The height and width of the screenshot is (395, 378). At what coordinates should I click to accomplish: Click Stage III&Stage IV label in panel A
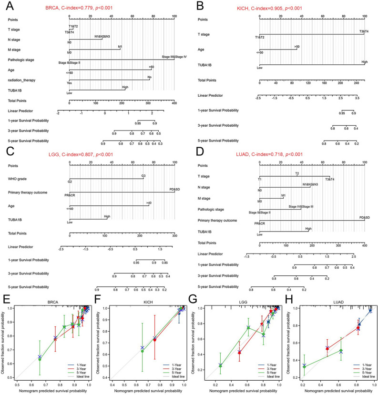point(174,57)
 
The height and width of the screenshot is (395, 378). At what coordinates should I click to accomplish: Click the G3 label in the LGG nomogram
point(143,176)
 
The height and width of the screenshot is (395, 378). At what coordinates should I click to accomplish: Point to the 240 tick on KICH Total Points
point(356,82)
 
